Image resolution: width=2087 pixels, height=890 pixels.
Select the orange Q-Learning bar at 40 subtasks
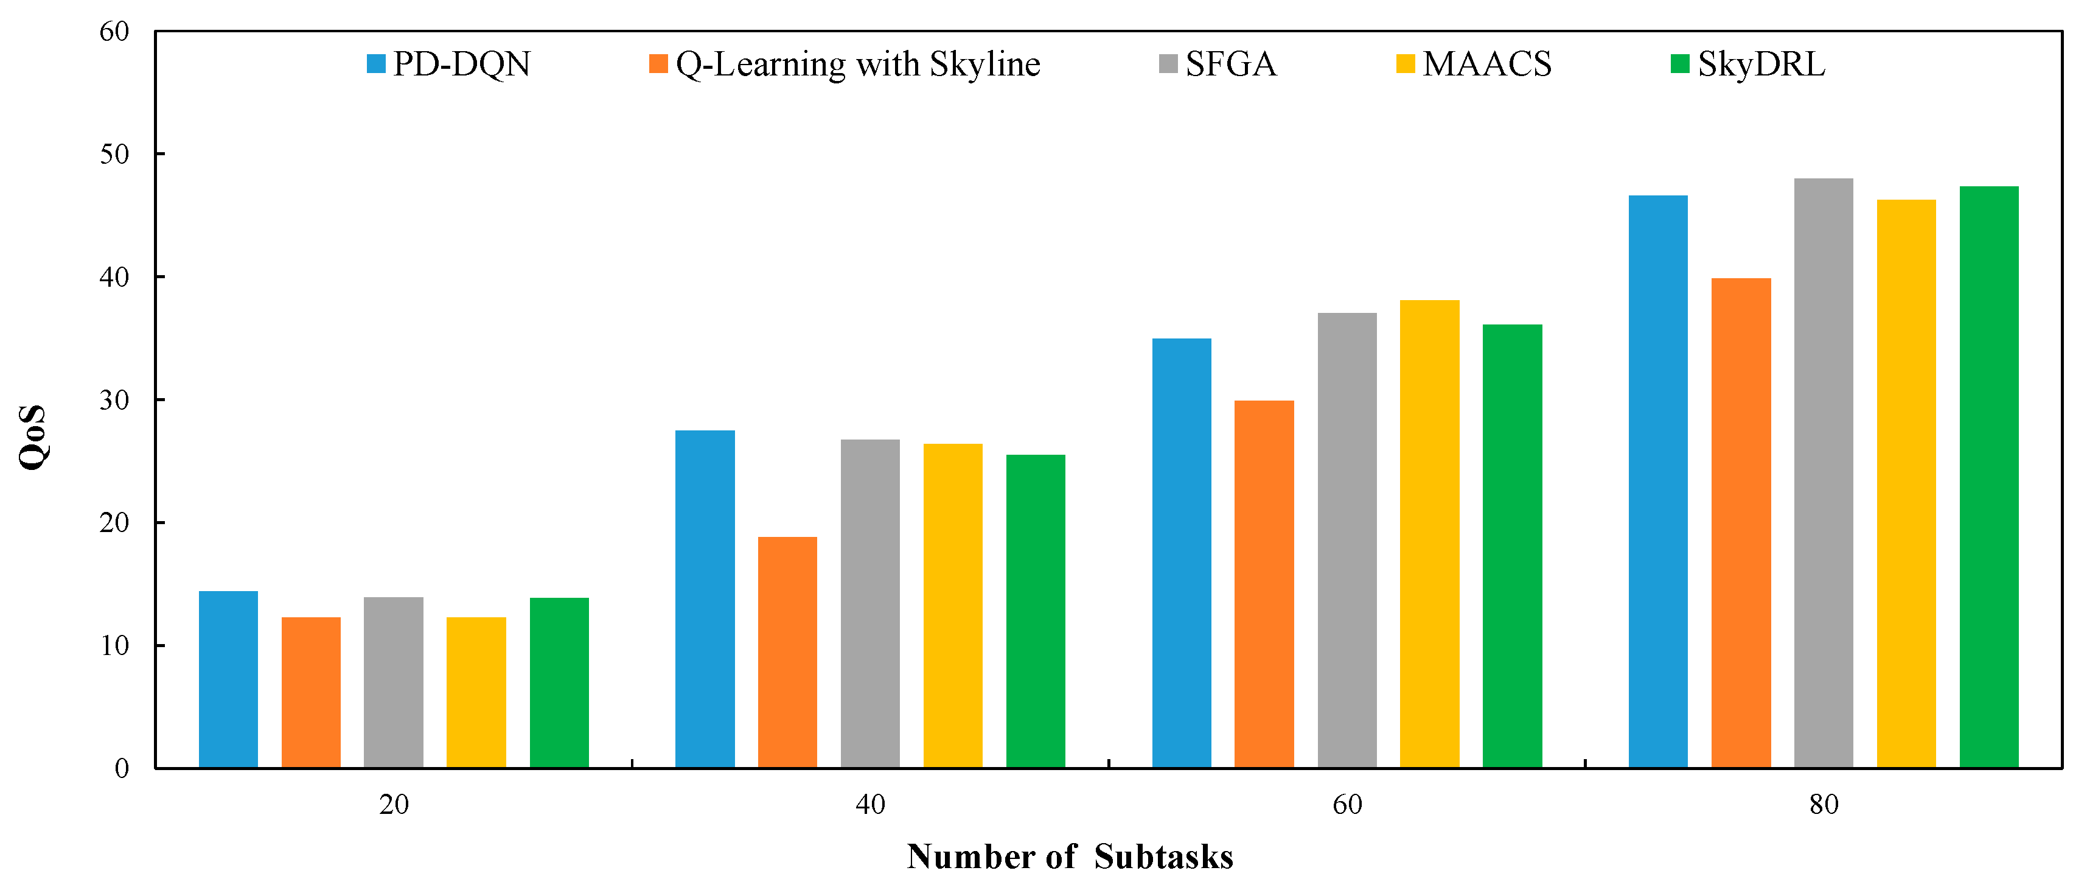[x=787, y=652]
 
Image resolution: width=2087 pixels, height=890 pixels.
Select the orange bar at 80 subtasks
[x=1740, y=523]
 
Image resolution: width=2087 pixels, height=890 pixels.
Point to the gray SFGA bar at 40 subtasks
[x=870, y=603]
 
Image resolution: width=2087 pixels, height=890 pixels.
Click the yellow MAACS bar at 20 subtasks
[x=476, y=692]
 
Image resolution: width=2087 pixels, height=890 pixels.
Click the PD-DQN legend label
[x=462, y=64]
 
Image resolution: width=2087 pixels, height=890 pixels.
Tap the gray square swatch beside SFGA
[x=1168, y=64]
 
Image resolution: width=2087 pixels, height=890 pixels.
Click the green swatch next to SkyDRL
[x=1679, y=64]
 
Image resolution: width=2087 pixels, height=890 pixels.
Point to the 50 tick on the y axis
[x=114, y=154]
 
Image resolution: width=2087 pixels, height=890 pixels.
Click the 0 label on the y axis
[x=122, y=768]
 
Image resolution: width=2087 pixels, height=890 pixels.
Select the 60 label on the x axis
[x=1347, y=805]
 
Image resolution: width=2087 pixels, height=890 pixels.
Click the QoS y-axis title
[x=32, y=438]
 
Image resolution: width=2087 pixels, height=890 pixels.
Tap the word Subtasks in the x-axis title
[x=1163, y=857]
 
